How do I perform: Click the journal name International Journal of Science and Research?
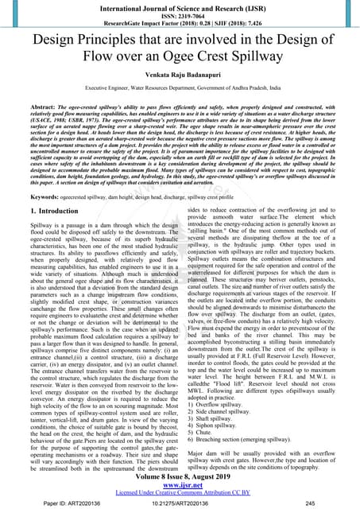(x=180, y=8)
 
